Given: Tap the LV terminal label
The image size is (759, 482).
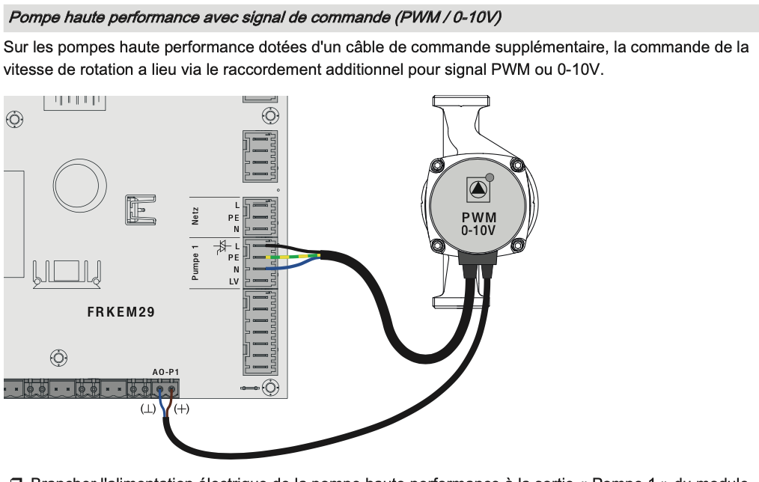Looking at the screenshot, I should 234,281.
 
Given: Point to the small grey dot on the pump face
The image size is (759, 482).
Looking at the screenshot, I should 490,177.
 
